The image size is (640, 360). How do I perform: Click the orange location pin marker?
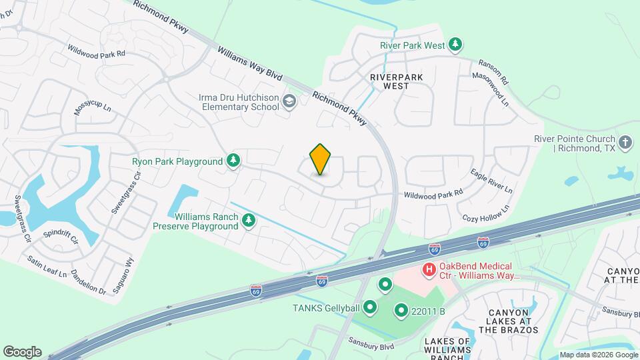click(x=321, y=159)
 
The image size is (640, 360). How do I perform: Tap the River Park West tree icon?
click(x=455, y=45)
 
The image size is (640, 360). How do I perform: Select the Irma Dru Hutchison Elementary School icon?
click(x=289, y=101)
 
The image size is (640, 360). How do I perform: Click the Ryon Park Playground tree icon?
click(x=233, y=161)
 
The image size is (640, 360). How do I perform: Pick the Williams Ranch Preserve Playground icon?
click(x=249, y=220)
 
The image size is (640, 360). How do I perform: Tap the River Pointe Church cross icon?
click(x=625, y=142)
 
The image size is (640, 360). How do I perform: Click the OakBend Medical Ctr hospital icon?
click(x=430, y=270)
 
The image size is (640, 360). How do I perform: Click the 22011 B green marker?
click(x=401, y=310)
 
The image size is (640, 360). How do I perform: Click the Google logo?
click(x=22, y=351)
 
